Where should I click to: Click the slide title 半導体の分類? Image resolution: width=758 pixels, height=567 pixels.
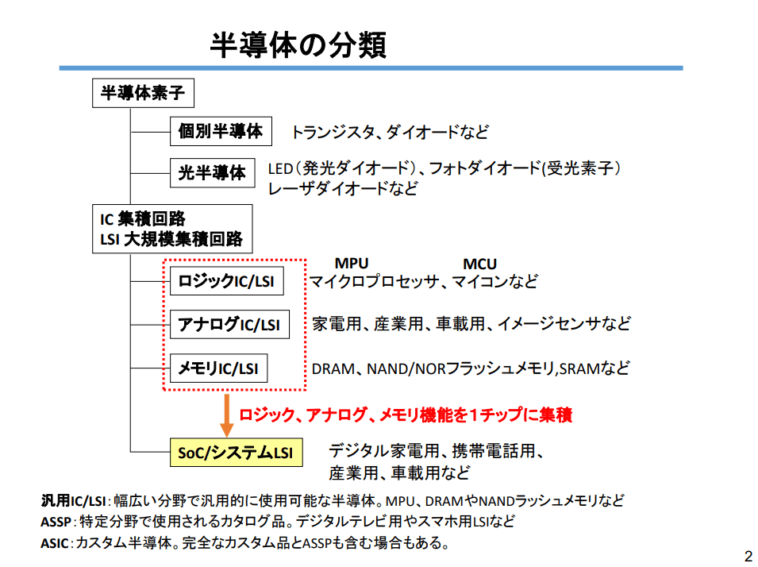298,45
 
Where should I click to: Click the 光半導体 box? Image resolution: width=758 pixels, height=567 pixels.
212,172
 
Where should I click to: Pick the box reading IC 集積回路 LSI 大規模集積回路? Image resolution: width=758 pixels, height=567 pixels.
172,228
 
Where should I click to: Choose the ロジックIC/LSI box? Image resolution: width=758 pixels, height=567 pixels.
227,281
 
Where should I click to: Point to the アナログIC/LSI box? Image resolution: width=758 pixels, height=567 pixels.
229,324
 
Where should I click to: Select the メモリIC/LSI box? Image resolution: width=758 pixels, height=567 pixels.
218,368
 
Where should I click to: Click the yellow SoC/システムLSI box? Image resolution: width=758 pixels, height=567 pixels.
235,453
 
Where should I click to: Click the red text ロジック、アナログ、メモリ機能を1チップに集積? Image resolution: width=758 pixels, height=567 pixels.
406,415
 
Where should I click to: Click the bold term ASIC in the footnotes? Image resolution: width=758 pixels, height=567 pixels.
55,544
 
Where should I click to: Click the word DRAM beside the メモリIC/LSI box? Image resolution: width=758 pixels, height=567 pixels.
331,368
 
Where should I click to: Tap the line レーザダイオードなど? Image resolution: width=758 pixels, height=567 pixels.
343,189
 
